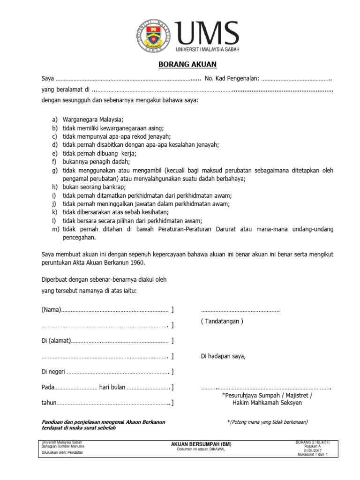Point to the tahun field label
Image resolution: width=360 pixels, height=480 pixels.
point(49,403)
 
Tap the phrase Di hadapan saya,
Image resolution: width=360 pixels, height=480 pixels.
point(223,356)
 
